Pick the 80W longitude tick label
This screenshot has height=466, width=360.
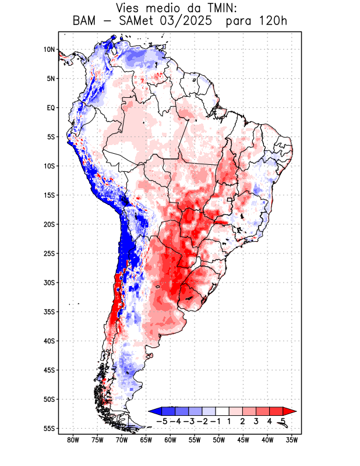[x=73, y=440]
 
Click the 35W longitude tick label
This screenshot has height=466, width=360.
[x=292, y=440]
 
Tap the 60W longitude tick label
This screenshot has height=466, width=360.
[x=171, y=440]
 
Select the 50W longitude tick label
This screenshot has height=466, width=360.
[x=219, y=440]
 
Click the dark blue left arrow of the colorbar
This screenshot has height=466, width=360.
[x=154, y=411]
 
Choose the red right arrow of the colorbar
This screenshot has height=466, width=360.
[x=290, y=411]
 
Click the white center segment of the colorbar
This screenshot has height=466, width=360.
[x=223, y=411]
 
